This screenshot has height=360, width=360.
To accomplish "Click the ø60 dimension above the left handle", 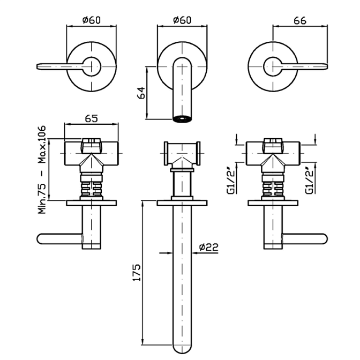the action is [92, 20].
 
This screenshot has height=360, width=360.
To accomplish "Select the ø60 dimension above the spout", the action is [182, 20].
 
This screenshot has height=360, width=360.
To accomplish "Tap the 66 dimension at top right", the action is [300, 21].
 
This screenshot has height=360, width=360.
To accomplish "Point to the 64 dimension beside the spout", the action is [141, 93].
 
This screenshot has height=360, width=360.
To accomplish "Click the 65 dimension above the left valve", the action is [92, 118].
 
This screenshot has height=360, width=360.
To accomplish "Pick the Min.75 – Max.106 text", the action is [42, 170].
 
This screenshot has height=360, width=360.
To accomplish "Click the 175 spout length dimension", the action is [137, 273].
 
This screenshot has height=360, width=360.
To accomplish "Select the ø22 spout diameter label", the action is [209, 247].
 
